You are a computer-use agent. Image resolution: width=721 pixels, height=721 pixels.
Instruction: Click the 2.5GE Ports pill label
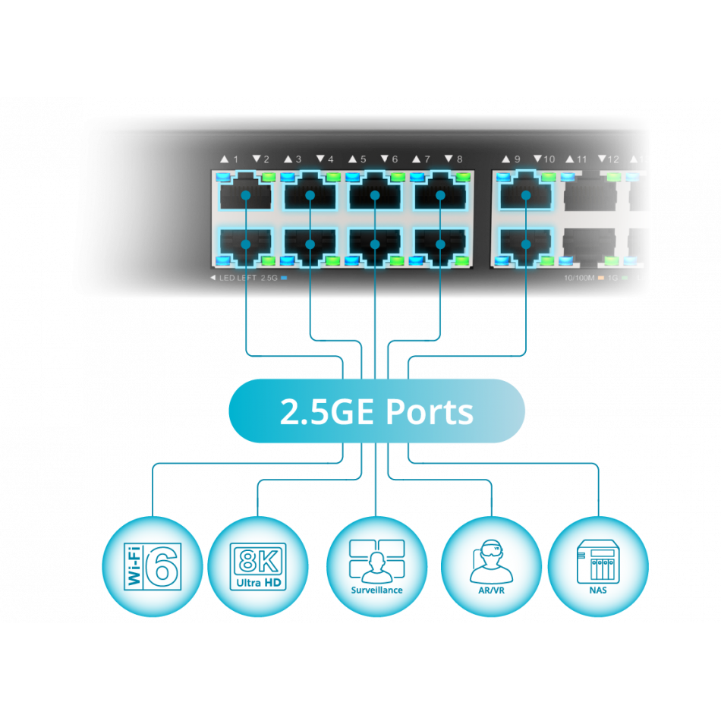[376, 411]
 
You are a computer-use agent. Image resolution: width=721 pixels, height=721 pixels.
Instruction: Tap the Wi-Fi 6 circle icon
[153, 566]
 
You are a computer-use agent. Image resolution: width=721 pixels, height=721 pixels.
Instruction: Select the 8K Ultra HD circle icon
[258, 566]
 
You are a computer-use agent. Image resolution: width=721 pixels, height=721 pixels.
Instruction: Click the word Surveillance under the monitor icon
[376, 590]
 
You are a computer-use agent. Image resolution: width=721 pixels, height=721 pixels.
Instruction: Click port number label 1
[235, 159]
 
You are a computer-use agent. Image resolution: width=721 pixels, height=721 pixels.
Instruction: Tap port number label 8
[459, 159]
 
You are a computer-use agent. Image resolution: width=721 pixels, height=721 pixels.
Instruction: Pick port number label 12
[613, 159]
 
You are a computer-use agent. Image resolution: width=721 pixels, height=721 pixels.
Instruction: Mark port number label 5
[363, 159]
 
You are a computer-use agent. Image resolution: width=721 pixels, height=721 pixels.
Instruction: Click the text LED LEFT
[236, 279]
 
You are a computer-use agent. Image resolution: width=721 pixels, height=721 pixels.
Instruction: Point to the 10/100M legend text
[578, 279]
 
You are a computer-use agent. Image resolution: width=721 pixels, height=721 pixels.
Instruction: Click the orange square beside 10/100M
[600, 279]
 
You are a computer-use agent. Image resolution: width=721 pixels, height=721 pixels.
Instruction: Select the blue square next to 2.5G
[284, 279]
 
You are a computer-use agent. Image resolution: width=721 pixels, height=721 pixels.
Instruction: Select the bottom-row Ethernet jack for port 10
[526, 244]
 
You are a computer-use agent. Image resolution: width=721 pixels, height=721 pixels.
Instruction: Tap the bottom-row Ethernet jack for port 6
[375, 244]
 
